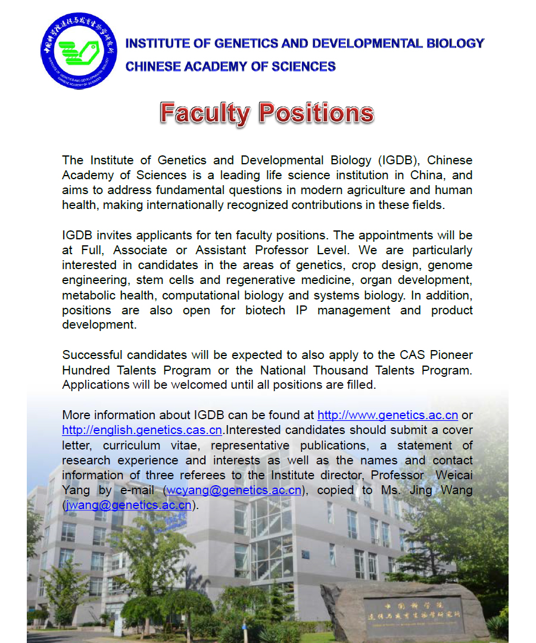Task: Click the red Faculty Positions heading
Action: click(267, 113)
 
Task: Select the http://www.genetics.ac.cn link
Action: click(388, 415)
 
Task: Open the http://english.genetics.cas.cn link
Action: click(142, 430)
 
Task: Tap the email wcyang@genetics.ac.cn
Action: click(234, 490)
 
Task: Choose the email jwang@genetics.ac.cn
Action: click(129, 505)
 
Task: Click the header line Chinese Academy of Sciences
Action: click(230, 66)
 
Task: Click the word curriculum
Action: click(131, 445)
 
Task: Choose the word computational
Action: click(208, 295)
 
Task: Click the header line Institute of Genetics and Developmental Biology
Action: click(304, 43)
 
